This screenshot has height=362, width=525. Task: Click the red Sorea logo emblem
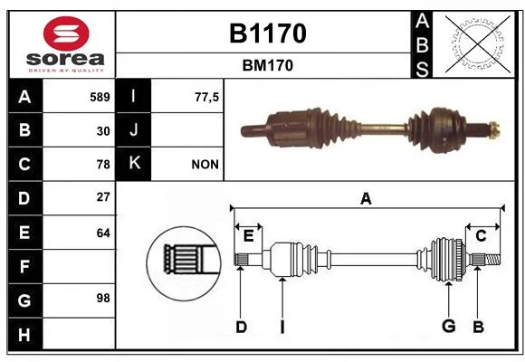click(x=66, y=33)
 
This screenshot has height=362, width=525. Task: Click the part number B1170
click(x=268, y=33)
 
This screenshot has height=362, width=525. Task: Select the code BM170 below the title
click(x=268, y=65)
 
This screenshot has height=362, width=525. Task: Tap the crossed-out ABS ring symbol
click(x=478, y=43)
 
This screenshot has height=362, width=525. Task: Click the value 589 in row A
click(x=100, y=97)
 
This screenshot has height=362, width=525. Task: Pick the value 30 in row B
click(x=103, y=131)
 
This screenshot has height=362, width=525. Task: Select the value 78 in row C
click(x=103, y=165)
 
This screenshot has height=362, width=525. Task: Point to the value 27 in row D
click(x=103, y=197)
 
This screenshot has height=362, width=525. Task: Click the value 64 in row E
click(x=103, y=233)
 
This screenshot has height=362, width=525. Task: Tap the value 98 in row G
click(x=103, y=298)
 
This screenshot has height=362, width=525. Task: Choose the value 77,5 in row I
click(x=206, y=97)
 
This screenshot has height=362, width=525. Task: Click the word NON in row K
click(x=205, y=165)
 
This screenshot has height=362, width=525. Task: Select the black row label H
click(x=24, y=335)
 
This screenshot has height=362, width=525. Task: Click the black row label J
click(x=133, y=129)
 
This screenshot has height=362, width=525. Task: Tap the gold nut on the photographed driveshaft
click(x=494, y=130)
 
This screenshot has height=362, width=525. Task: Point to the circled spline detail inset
click(x=184, y=263)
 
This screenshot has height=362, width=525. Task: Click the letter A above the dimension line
click(x=366, y=199)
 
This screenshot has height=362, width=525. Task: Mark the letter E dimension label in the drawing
click(x=248, y=236)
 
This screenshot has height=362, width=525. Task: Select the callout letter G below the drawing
click(x=449, y=326)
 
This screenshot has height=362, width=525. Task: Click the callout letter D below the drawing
click(x=241, y=327)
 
